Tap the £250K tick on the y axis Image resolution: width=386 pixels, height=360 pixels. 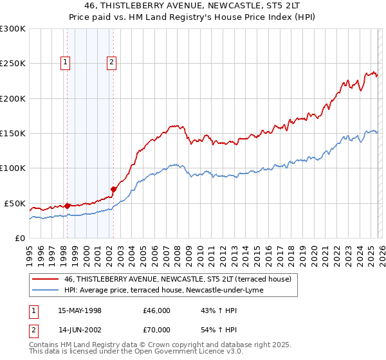(x=13, y=64)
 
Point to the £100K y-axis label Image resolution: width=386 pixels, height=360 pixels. (x=13, y=168)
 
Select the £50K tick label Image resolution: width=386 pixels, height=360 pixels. (x=15, y=203)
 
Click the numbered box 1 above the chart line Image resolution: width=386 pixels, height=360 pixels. (x=66, y=62)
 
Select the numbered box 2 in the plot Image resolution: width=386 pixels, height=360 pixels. (x=112, y=62)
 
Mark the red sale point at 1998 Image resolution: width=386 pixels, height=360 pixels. (x=68, y=206)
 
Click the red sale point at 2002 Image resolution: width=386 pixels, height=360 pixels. (x=113, y=189)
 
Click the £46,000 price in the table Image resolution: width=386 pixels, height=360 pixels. (x=157, y=310)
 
